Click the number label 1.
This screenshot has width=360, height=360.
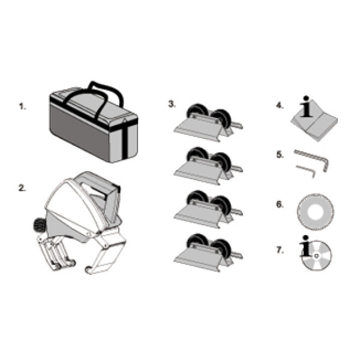pos(22,107)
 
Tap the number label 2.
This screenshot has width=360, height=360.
pos(22,188)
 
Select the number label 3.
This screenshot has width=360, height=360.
pos(172,104)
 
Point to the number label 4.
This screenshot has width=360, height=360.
pos(280,106)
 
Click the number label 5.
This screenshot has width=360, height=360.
pos(280,155)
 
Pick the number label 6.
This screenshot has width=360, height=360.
pos(280,205)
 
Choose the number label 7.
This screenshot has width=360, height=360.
pos(280,250)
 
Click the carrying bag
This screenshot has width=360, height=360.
pos(94,124)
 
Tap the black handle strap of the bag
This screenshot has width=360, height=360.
pos(97,97)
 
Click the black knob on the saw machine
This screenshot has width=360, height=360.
pos(40,224)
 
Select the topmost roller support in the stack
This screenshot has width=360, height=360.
pos(208,122)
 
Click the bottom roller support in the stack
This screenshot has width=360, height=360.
pos(208,253)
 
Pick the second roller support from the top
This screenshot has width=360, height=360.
pos(208,166)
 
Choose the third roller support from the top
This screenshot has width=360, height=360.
pos(208,209)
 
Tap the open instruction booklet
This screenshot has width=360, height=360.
pos(314,125)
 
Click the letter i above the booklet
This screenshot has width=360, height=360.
pos(306,107)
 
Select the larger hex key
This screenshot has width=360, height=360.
pos(313,159)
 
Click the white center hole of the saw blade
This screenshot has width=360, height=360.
pos(316,212)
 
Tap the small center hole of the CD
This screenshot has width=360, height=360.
pos(316,256)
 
